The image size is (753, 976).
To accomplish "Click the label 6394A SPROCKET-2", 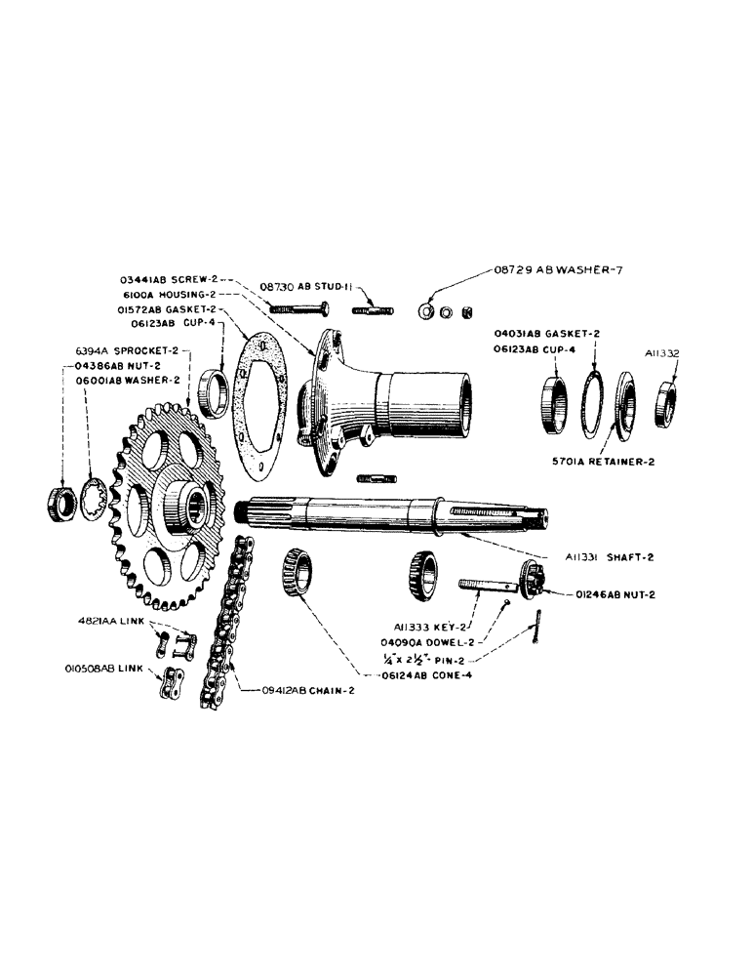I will point(127,348).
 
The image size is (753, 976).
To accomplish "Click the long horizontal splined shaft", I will point(390,514).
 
